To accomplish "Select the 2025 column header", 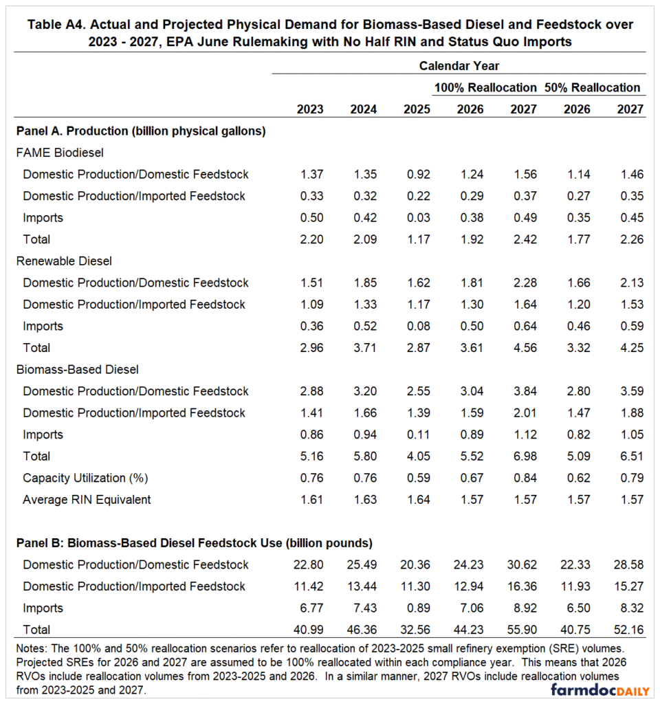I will point(417,109).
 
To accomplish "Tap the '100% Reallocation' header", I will point(485,87).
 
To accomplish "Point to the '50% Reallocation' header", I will point(592,87).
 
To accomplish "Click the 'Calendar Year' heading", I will point(459,66).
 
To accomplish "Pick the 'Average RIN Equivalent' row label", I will point(87,500).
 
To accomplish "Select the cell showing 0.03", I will point(417,218).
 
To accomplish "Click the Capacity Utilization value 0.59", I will point(417,478).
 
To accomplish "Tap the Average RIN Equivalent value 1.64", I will point(417,500).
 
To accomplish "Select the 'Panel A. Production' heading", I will point(141,131).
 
